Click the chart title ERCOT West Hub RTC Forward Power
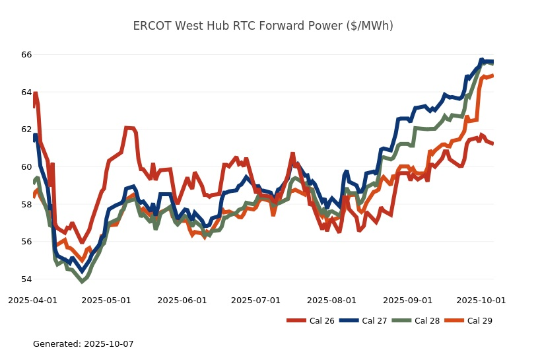coord(263,26)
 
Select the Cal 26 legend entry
coord(310,321)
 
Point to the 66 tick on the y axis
coord(26,55)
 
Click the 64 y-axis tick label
coord(26,92)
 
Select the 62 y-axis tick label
coord(26,129)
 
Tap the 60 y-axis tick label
coord(26,167)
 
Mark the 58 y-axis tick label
coord(26,204)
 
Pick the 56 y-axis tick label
coord(26,242)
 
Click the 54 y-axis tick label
coord(26,279)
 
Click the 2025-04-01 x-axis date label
coord(32,300)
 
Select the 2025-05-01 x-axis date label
coord(106,300)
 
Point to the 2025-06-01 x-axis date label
coord(182,300)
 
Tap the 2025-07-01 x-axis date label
coord(256,300)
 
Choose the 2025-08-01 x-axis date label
coord(332,300)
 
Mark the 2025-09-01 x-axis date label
coord(408,300)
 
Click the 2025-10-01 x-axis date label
coord(481,300)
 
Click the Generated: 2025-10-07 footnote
coord(83,344)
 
